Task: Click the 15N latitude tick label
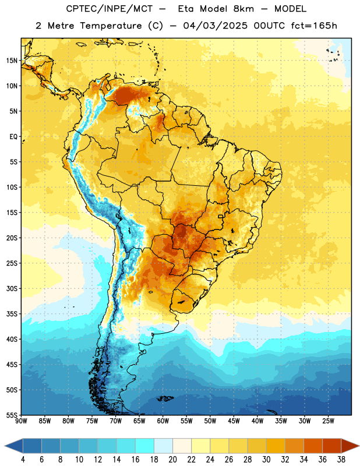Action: [x=12, y=61]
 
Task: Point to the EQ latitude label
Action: [x=13, y=137]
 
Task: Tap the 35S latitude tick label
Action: [x=12, y=314]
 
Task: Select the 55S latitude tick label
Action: [x=12, y=415]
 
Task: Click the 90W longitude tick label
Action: [x=22, y=421]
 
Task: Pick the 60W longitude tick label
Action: [x=163, y=421]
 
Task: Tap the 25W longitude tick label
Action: [x=328, y=421]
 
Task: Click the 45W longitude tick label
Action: [x=234, y=421]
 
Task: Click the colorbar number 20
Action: [x=172, y=460]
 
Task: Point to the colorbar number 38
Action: [x=341, y=460]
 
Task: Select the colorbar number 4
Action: [x=23, y=460]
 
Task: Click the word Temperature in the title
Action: [x=111, y=26]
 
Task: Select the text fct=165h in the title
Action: [x=314, y=26]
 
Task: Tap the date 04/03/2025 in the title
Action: [x=215, y=26]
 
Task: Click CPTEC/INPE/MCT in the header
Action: [x=109, y=9]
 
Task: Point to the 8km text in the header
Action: [x=243, y=9]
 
